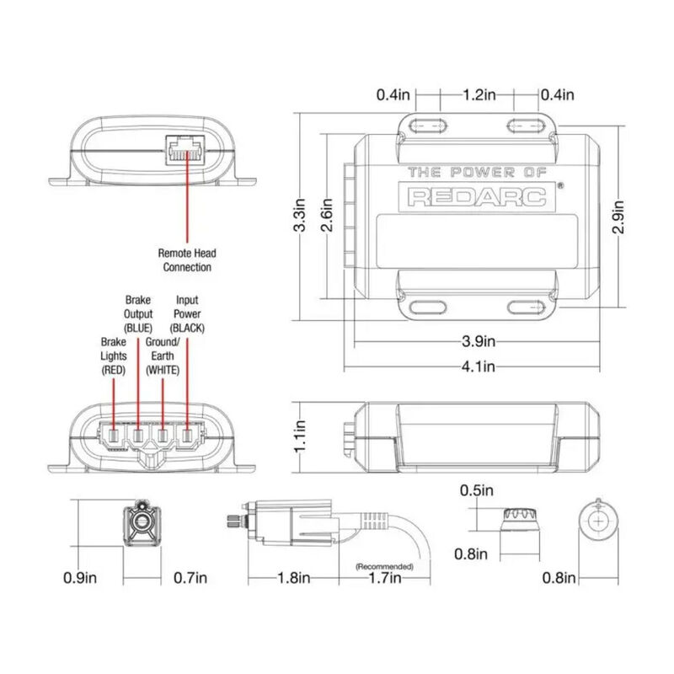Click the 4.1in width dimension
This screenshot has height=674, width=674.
478,366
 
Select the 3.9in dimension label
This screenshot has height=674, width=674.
478,342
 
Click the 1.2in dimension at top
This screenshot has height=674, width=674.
478,95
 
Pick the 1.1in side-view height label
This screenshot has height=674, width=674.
298,436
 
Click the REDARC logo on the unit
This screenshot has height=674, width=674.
478,195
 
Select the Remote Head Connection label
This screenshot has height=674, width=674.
187,259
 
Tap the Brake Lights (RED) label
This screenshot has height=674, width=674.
113,356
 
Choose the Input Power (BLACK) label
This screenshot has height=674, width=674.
187,313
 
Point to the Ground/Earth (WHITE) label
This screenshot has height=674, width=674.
163,356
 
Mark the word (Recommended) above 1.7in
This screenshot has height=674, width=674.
384,566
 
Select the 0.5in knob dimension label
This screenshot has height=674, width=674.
477,490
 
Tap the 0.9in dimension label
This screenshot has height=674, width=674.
81,578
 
